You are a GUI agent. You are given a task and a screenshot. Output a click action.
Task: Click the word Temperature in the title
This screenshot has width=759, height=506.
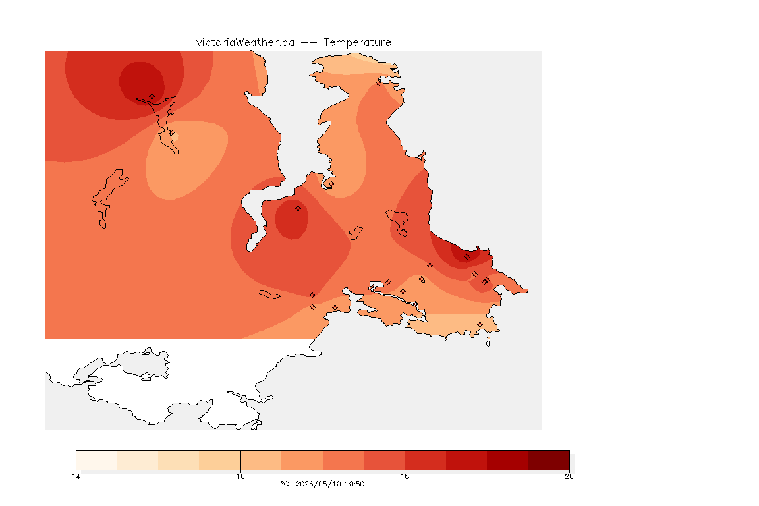tap(357, 43)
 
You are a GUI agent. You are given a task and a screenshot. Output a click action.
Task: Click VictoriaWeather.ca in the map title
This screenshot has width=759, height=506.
tap(245, 43)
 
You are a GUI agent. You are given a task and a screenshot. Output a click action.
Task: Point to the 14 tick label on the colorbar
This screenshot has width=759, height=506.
tap(76, 476)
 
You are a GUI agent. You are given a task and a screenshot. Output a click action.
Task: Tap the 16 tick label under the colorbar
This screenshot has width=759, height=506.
tap(240, 476)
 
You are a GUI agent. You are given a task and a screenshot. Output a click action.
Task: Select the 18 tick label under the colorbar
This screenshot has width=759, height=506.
tap(405, 476)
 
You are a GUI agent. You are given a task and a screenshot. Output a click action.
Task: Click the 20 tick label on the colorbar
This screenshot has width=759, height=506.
tap(569, 476)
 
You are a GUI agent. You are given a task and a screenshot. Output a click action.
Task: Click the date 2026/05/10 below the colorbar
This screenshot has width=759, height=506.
tap(315, 484)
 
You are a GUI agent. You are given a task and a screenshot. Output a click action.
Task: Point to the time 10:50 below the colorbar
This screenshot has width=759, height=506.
tap(355, 484)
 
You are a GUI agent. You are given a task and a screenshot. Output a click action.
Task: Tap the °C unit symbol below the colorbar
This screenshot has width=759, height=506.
tap(285, 484)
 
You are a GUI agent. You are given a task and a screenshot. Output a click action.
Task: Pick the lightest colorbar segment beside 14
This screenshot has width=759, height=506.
tap(97, 460)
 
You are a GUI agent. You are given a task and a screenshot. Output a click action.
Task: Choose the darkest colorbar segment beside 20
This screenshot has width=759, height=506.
tap(549, 460)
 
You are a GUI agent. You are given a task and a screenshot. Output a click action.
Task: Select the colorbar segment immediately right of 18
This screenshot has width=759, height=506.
tap(426, 460)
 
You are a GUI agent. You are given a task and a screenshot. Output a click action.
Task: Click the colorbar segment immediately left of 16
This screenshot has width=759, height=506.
tap(220, 460)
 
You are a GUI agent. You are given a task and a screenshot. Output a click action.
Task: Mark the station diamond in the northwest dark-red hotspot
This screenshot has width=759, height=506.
tap(152, 97)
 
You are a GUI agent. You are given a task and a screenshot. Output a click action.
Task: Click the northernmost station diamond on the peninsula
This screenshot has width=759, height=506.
tap(379, 83)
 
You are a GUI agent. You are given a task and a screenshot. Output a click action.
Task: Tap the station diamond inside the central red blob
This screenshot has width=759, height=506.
tap(298, 209)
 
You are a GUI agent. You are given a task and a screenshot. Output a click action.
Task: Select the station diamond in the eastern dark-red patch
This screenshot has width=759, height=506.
tap(467, 257)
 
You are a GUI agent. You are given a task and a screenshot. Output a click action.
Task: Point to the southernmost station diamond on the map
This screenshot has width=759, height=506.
tap(480, 324)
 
